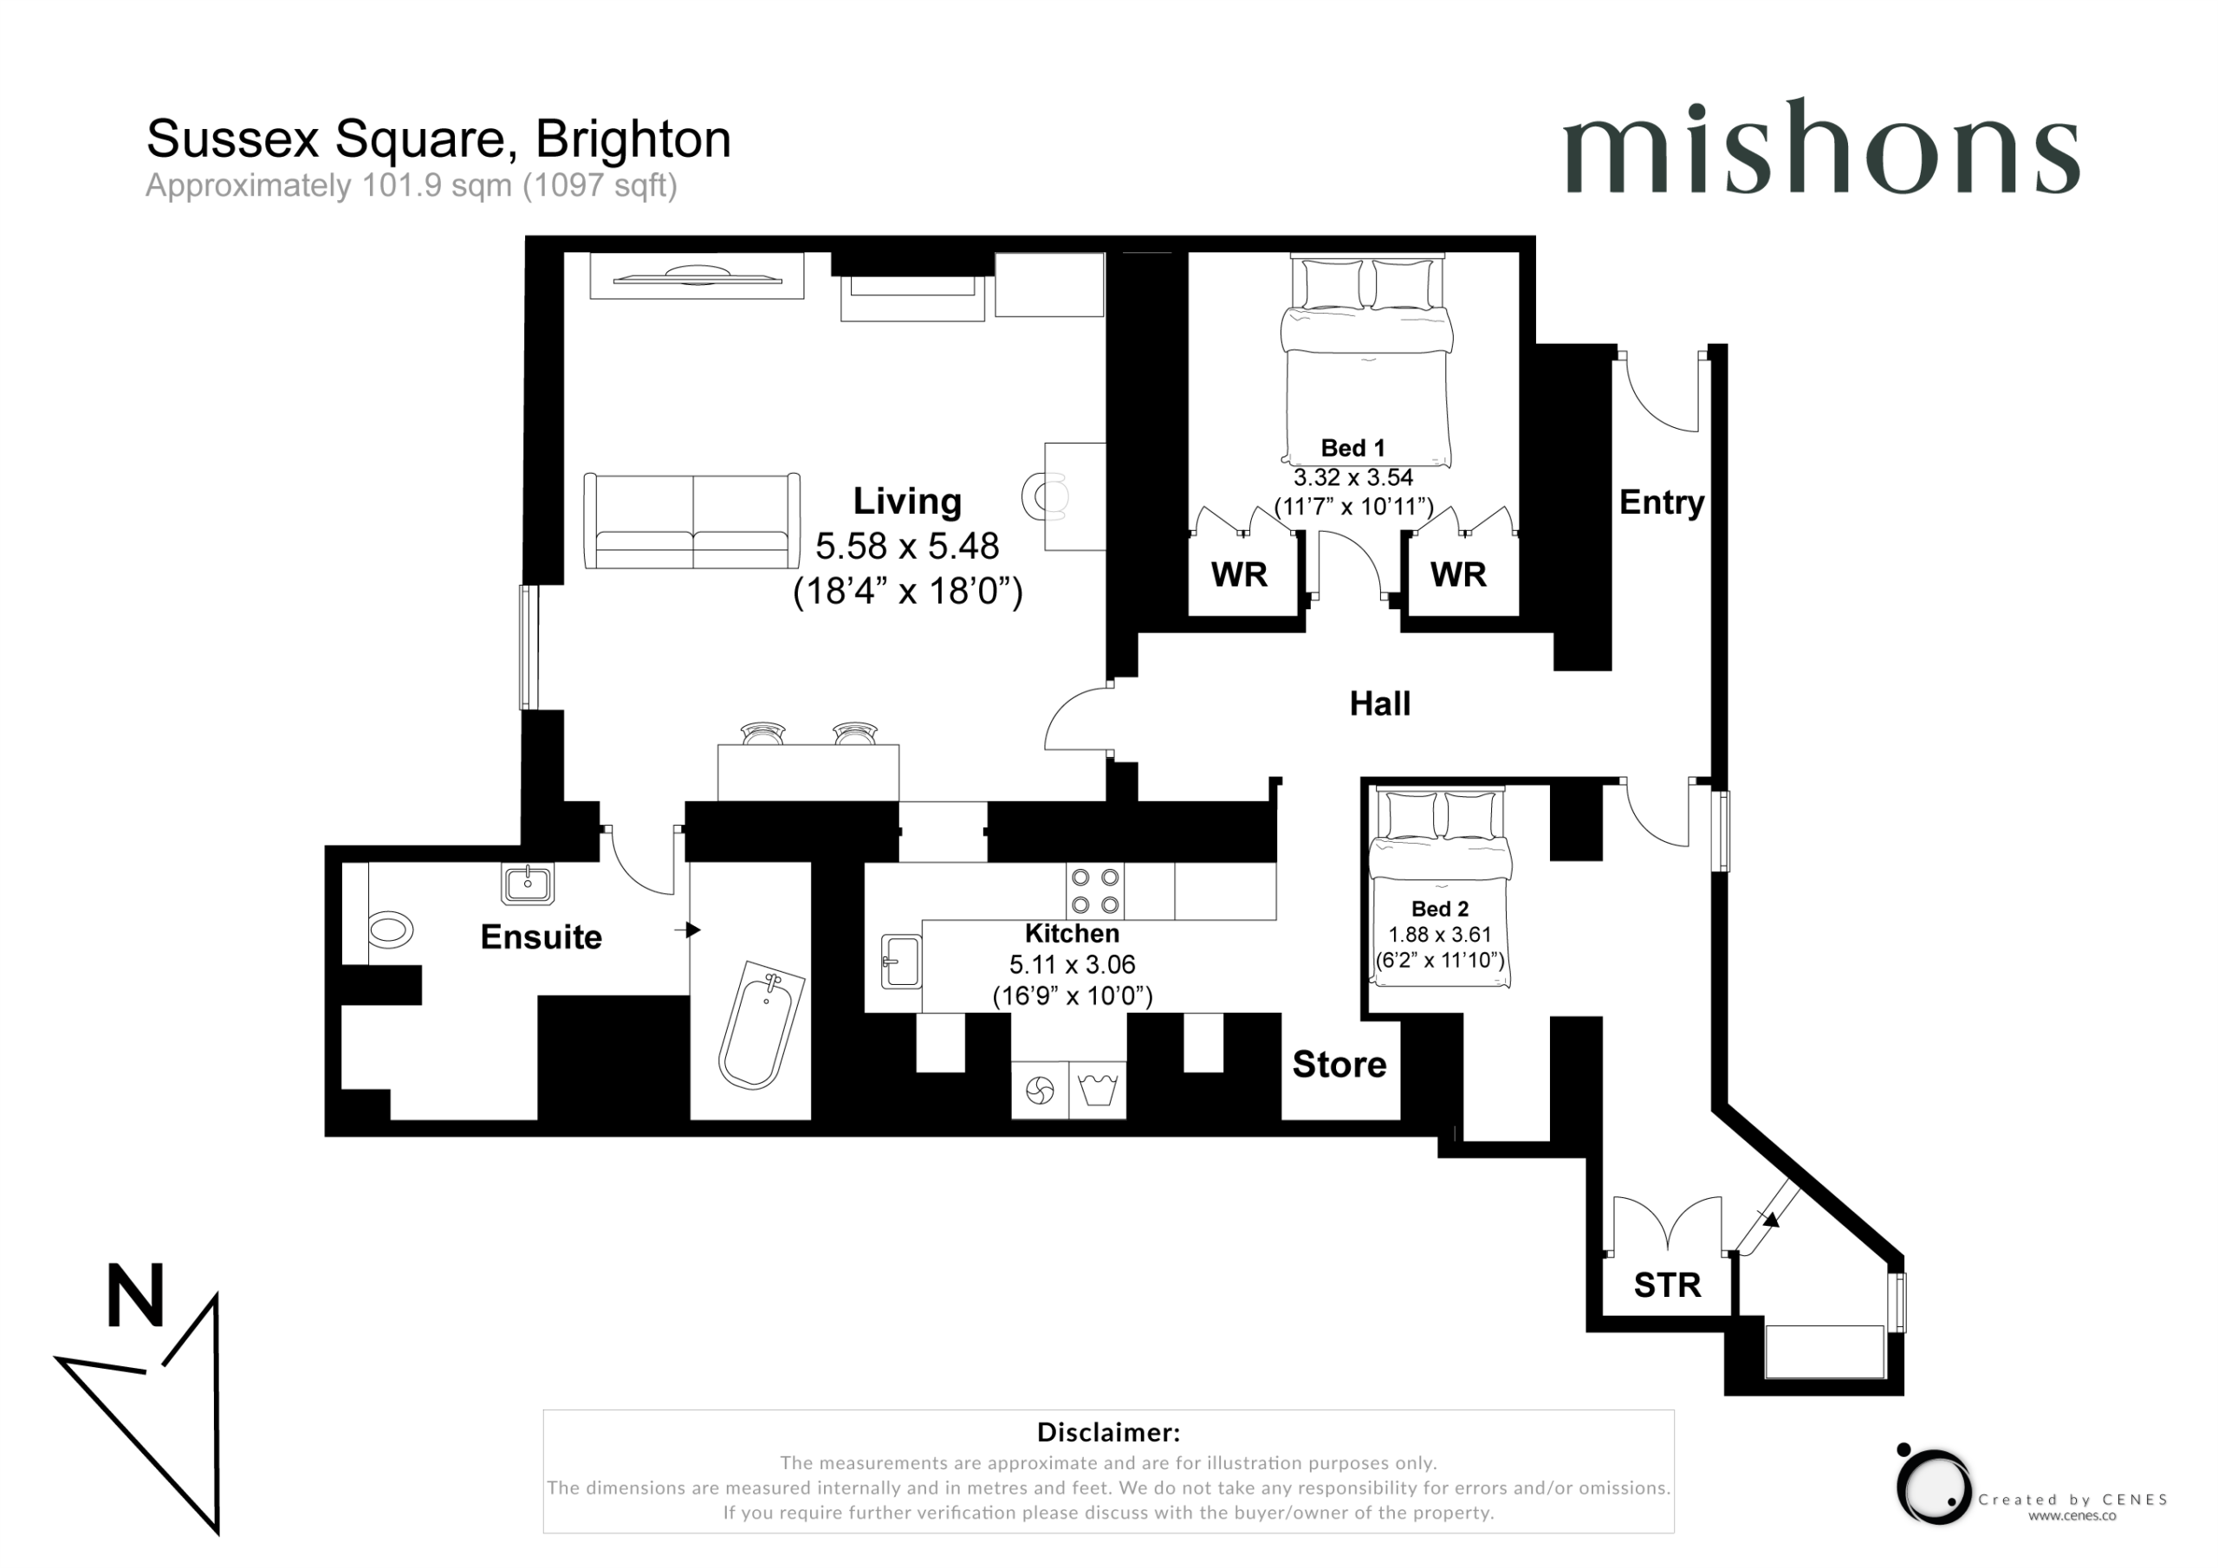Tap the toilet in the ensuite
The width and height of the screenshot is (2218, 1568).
(390, 930)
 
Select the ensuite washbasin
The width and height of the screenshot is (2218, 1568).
(528, 883)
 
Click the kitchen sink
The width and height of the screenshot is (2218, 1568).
(901, 962)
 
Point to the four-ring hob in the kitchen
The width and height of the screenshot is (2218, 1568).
(1095, 891)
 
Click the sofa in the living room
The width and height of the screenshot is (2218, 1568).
(691, 521)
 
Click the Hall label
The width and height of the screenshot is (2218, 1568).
(1379, 703)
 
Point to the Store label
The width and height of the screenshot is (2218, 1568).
(1339, 1064)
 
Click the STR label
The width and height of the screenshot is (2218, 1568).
(1667, 1285)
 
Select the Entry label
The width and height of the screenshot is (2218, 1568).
(1662, 502)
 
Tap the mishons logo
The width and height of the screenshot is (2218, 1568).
(1821, 147)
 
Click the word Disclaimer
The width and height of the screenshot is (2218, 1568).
(1108, 1432)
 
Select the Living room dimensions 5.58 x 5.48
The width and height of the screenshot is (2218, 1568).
(907, 546)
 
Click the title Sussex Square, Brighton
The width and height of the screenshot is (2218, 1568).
(438, 139)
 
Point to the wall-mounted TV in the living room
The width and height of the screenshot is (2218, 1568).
(697, 277)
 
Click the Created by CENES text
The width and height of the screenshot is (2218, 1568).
(2072, 1500)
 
